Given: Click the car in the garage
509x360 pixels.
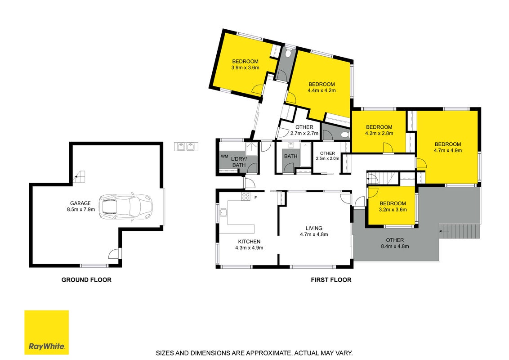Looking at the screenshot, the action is click(126, 206).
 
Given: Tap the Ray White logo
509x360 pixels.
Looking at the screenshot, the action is click(47, 332).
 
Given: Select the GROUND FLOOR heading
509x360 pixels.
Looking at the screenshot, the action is click(86, 280).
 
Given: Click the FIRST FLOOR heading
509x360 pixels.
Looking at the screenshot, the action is click(331, 280).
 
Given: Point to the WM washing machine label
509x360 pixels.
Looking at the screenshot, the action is click(224, 156).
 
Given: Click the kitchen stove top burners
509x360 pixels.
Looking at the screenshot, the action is click(246, 196).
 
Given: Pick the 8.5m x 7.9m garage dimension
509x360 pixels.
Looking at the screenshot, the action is click(81, 210).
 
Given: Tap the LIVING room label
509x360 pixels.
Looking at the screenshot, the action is click(314, 228).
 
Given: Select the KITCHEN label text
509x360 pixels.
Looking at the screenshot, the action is click(249, 241).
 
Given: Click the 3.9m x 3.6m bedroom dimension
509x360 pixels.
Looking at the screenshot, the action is click(246, 68).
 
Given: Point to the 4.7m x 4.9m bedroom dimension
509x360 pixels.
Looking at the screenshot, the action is click(448, 150).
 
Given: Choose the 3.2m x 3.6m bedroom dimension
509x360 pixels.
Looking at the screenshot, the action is click(393, 210).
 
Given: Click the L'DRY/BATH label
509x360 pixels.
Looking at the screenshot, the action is click(239, 162).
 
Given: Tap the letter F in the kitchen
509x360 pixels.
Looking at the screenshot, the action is click(255, 198).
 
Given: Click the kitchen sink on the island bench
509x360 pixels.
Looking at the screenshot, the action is click(223, 212).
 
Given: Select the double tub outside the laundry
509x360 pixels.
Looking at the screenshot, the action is click(186, 147).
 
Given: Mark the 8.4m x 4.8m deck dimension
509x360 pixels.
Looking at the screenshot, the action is click(395, 246).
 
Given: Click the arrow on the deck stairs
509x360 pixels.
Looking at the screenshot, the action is click(444, 231).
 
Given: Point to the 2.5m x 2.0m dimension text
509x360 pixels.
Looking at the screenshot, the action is click(327, 158).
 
